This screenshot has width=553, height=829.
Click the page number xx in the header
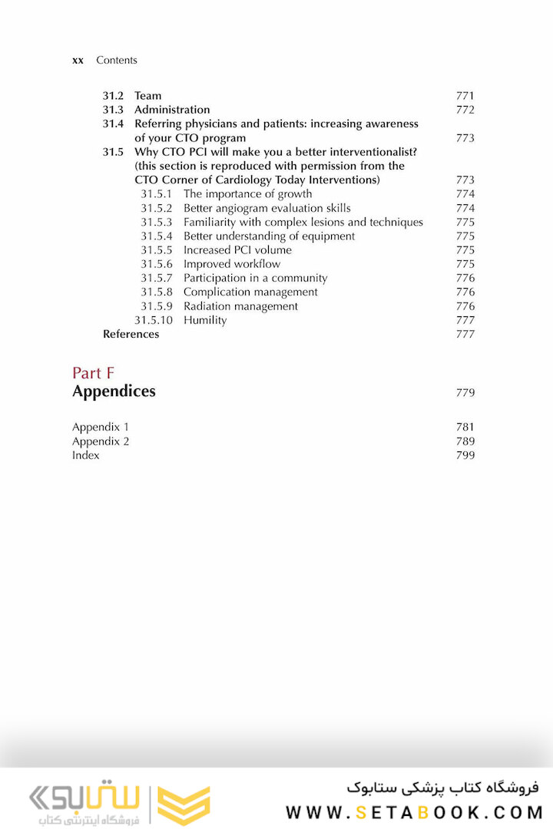78,60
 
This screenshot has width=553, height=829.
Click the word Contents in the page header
117,60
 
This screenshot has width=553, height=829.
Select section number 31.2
113,96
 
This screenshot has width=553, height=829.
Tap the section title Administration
172,110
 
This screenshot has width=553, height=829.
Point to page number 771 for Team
465,96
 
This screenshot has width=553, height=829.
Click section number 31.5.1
156,194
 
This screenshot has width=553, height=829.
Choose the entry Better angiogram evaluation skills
267,208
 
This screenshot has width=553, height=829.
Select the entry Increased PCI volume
237,250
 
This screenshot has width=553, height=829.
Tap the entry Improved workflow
232,264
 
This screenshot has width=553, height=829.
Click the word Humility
205,320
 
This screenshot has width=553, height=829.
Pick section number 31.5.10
154,320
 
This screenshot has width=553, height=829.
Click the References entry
131,334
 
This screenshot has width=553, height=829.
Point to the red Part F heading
93,373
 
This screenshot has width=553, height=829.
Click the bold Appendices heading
114,391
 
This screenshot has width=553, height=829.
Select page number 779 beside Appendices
465,393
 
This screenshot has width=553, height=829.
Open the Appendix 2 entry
101,441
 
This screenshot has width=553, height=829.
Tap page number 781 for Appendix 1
465,428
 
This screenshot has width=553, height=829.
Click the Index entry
86,455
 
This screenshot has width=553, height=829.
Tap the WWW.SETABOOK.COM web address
413,812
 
